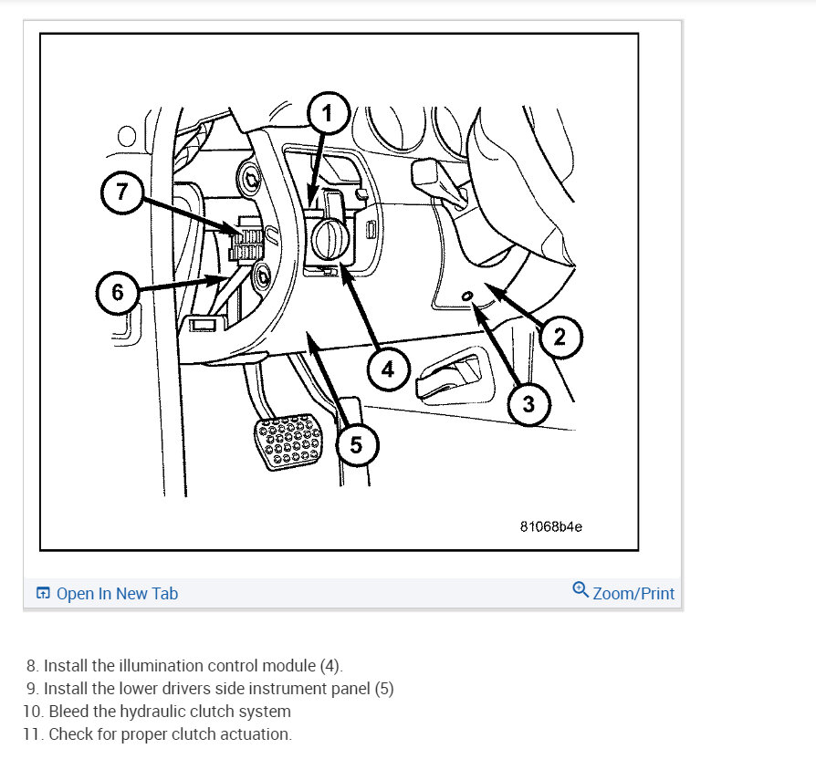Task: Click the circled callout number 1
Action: pos(328,113)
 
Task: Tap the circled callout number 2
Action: pos(560,337)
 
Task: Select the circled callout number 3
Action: pos(528,404)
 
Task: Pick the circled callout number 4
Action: pos(388,369)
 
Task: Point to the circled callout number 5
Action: pos(356,445)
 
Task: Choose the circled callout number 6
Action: pos(118,292)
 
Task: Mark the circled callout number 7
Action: pos(121,192)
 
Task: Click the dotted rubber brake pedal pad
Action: pos(288,442)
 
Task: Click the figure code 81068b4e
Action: pos(551,526)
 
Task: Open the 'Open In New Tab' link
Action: pos(107,593)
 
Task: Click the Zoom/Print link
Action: pos(633,593)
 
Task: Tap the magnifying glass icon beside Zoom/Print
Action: pos(581,589)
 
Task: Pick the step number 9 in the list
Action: pos(32,689)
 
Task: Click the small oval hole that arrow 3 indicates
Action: pos(467,296)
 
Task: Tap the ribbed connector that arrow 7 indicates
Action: pos(246,239)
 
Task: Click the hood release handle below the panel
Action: pos(454,377)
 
